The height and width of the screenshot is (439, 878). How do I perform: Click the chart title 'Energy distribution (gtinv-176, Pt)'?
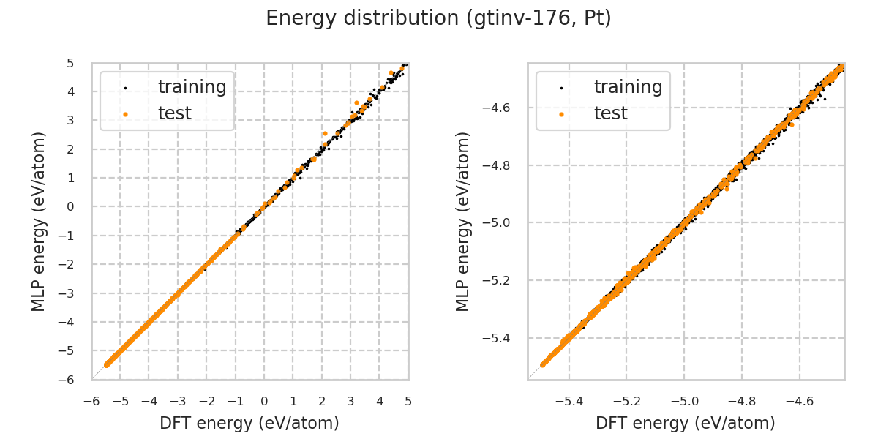(x=438, y=18)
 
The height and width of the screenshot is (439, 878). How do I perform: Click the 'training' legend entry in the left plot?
(x=192, y=87)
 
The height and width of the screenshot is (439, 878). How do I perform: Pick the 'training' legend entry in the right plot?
(x=628, y=87)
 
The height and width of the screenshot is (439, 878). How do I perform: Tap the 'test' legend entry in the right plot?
(x=610, y=113)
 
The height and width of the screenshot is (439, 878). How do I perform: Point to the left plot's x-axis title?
(x=249, y=423)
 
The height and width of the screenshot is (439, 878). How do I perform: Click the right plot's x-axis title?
(x=686, y=423)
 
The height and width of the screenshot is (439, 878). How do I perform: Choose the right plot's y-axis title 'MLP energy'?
(x=464, y=221)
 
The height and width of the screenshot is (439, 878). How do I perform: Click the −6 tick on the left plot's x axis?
(x=91, y=401)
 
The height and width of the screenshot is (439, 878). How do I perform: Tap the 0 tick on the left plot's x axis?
(x=264, y=401)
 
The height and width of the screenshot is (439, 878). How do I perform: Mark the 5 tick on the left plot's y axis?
(x=70, y=64)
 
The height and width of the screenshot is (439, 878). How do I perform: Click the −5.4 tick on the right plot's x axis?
(x=569, y=401)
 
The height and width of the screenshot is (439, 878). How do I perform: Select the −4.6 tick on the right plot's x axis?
(x=799, y=401)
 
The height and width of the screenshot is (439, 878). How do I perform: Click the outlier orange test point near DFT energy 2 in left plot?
(x=325, y=133)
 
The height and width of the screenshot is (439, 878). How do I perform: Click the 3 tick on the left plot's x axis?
(x=350, y=401)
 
